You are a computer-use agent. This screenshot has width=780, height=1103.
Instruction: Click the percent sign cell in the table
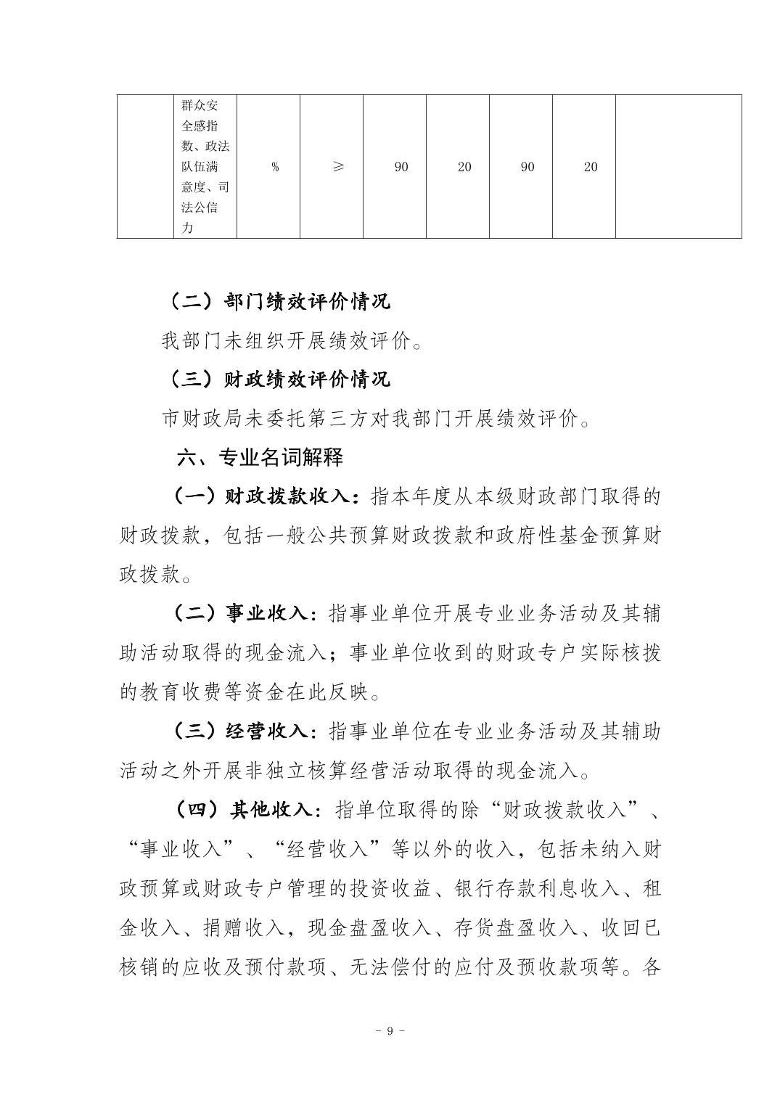pyautogui.click(x=275, y=167)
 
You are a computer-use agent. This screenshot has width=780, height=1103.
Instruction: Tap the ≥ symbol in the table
pyautogui.click(x=338, y=167)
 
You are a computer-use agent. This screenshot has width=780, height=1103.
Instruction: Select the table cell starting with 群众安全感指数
pyautogui.click(x=205, y=167)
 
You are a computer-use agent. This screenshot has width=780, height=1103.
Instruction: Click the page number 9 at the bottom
pyautogui.click(x=390, y=1031)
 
